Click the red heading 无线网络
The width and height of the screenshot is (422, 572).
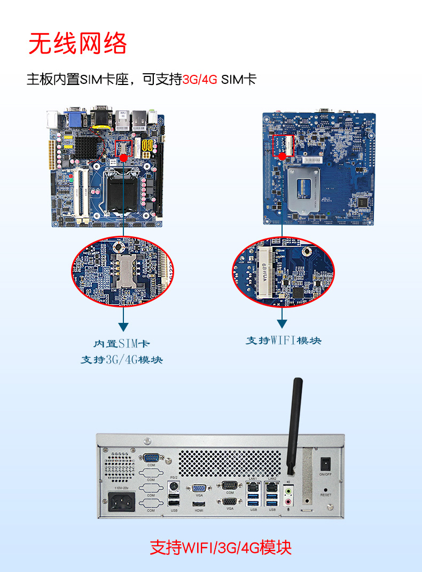click(x=78, y=43)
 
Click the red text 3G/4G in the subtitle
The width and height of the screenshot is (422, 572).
click(x=200, y=80)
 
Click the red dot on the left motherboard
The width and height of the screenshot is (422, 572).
click(x=124, y=158)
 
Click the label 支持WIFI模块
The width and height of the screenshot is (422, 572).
click(x=283, y=341)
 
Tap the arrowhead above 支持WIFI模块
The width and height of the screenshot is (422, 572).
click(x=282, y=324)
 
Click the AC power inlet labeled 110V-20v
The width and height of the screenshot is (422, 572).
click(x=122, y=503)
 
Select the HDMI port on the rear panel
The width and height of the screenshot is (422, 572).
click(x=199, y=503)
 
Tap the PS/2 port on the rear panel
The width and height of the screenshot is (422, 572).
click(x=173, y=486)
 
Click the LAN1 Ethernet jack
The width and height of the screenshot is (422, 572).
click(x=253, y=488)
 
